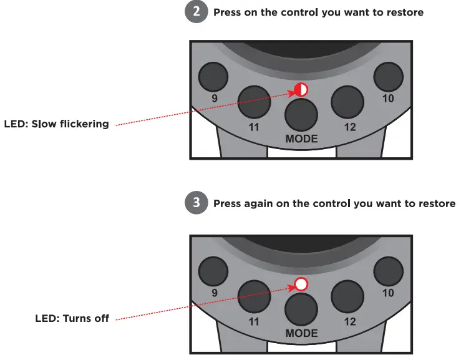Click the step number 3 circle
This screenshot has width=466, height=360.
[x=197, y=203]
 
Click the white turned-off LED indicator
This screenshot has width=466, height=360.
[x=301, y=285]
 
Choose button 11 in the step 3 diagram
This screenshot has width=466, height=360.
[x=255, y=296]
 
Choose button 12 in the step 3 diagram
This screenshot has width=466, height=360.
[x=347, y=296]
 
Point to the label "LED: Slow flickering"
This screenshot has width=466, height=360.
[x=56, y=124]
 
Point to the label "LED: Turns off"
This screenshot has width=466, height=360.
[x=72, y=319]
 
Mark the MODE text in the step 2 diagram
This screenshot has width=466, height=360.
[x=301, y=139]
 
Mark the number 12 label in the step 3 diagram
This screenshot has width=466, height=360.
[x=350, y=322]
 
